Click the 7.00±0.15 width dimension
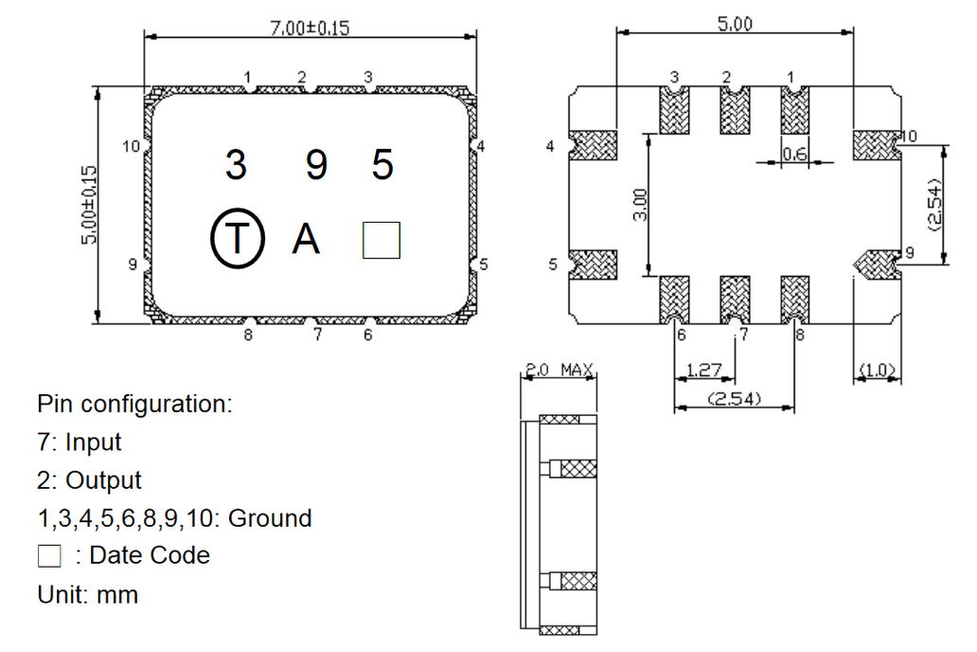coord(310,28)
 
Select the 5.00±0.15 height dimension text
coord(90,205)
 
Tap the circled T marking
coord(238,238)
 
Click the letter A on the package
coord(306,239)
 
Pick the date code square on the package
coord(382,240)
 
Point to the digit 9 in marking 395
coord(316,165)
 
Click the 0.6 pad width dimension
coord(794,154)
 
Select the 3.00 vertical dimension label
coord(640,205)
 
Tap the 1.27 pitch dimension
coord(703,370)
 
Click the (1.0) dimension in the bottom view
coord(877,371)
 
